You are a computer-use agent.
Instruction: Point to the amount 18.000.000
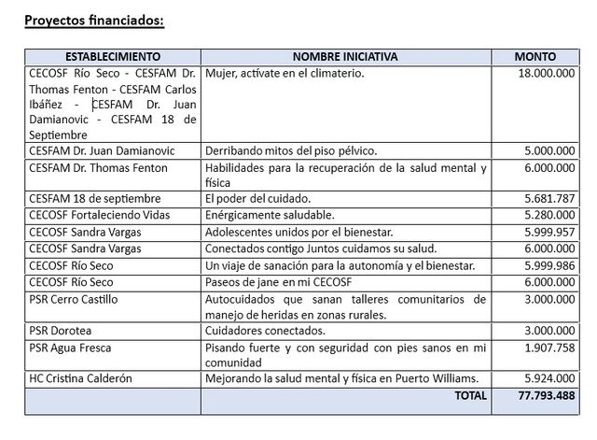(x=546, y=73)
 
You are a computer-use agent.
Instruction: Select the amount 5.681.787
(x=549, y=198)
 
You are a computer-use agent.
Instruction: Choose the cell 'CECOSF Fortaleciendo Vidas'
(x=97, y=215)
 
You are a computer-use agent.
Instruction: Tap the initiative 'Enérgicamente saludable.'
(x=265, y=215)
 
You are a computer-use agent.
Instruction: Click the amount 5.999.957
(x=549, y=232)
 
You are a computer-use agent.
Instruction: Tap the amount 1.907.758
(x=549, y=348)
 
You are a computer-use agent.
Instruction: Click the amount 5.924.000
(x=549, y=378)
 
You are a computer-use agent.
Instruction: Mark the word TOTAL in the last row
(x=469, y=395)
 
